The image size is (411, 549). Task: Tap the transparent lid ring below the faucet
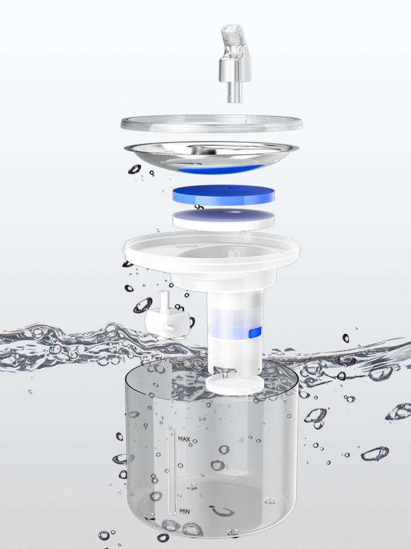pyautogui.click(x=212, y=124)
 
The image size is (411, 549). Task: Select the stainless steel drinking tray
pyautogui.click(x=212, y=156)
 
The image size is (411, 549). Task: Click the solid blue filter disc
pyautogui.click(x=224, y=195)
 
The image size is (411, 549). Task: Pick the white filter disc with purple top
pyautogui.click(x=224, y=220)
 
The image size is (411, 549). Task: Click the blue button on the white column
pyautogui.click(x=255, y=332)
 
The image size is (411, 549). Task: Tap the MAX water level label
pyautogui.click(x=184, y=439)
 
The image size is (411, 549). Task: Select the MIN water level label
pyautogui.click(x=185, y=511)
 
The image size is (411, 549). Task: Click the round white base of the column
pyautogui.click(x=235, y=384)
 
